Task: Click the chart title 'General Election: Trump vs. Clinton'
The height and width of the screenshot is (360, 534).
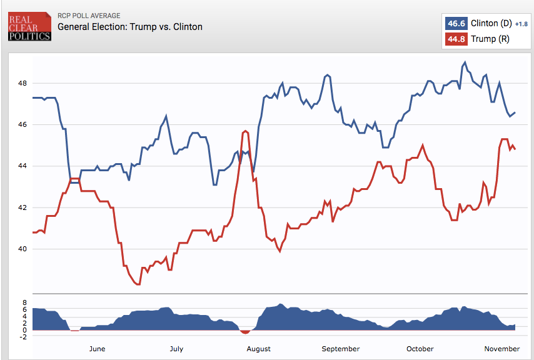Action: pos(130,27)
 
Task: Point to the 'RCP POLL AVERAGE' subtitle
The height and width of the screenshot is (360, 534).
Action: pos(89,16)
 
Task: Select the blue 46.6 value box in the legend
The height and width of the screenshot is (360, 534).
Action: pos(455,23)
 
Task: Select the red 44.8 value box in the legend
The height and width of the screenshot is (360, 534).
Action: pos(455,39)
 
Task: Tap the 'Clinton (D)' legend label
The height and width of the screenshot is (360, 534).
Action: pos(490,23)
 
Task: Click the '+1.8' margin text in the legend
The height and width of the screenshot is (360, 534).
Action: pos(521,24)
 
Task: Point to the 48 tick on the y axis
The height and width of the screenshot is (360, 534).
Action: pos(22,83)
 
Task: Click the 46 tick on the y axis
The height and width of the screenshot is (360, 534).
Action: pos(22,124)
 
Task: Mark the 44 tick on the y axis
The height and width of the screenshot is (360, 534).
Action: pos(22,166)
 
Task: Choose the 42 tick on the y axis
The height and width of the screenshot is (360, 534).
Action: pos(22,207)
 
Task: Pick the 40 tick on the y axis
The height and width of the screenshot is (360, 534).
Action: pos(22,249)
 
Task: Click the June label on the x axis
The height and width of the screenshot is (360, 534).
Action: pos(98,349)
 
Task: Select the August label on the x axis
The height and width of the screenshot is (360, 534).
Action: pos(259,349)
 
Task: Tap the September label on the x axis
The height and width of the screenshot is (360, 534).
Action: pos(341,349)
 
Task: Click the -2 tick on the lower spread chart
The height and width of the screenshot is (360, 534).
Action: pos(24,337)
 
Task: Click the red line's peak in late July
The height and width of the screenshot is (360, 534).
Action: pos(245,131)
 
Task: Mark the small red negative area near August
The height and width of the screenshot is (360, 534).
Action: pos(245,331)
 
